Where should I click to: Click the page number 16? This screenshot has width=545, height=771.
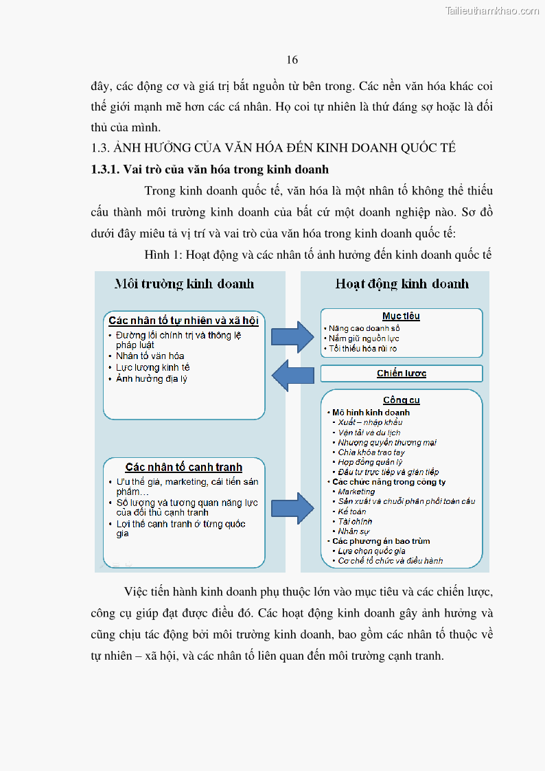coord(292,60)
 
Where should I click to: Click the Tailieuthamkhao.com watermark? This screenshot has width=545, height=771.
coord(492,11)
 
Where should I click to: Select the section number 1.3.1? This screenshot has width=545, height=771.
coord(106,170)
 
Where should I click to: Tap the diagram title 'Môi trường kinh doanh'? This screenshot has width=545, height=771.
coord(184,284)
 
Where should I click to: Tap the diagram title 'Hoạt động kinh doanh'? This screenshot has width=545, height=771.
coord(402,284)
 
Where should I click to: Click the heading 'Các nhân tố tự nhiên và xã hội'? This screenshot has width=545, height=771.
coord(183,321)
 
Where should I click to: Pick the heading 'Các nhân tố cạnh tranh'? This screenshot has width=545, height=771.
coord(183,468)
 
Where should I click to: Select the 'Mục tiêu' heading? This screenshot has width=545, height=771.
coord(402,317)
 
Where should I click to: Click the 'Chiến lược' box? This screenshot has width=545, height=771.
coord(402,373)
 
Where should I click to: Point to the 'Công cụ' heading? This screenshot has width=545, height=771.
coord(402,400)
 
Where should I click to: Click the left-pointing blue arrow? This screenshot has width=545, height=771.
coord(293,375)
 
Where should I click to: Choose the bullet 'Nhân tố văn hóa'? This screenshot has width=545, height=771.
coord(150,356)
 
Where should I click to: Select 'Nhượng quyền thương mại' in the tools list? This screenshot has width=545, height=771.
coord(387,443)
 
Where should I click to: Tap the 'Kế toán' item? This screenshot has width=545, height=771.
coord(352,511)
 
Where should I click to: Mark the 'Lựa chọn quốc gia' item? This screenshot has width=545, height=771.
coord(371,551)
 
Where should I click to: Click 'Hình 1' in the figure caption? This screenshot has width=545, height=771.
coord(162,255)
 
